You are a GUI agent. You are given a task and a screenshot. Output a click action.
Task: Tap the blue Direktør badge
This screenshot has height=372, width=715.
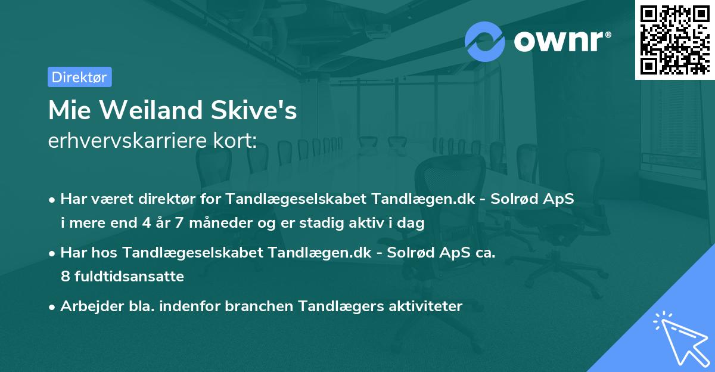79,77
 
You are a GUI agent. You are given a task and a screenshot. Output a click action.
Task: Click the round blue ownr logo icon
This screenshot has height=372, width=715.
485,41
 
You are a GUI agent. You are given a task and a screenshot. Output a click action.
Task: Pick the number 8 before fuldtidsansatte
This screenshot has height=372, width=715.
65,276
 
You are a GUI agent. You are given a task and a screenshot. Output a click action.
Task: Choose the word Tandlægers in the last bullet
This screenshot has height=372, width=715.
332,306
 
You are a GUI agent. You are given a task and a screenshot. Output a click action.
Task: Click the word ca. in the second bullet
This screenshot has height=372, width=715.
485,253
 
